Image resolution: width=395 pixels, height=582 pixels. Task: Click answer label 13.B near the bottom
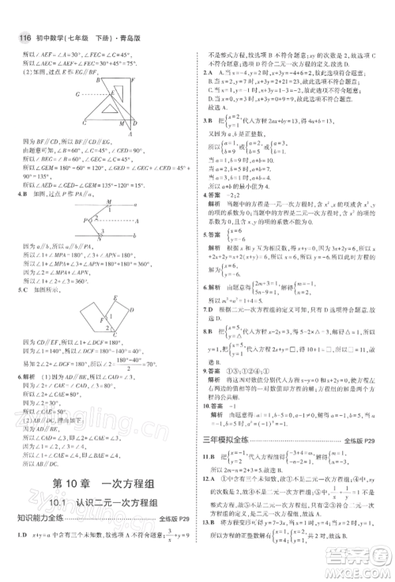click(x=208, y=523)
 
